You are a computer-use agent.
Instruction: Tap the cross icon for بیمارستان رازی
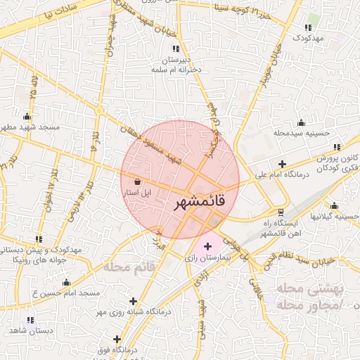pyautogui.click(x=207, y=247)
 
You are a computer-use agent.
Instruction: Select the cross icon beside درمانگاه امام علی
pyautogui.click(x=281, y=164)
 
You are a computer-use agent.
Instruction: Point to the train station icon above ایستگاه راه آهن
pyautogui.click(x=281, y=212)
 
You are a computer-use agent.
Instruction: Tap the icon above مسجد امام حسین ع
pyautogui.click(x=67, y=282)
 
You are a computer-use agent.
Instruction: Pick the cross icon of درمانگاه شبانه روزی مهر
pyautogui.click(x=133, y=301)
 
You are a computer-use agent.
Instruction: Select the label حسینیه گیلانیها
pyautogui.click(x=340, y=217)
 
